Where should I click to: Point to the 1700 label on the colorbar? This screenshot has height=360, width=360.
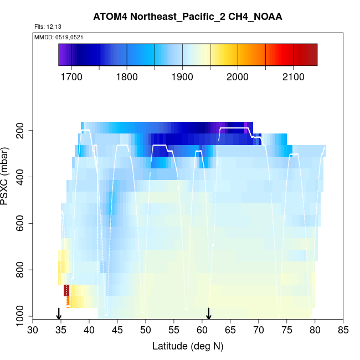71,76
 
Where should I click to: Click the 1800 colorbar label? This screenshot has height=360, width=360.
127,76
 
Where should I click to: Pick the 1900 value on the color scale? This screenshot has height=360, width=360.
182,76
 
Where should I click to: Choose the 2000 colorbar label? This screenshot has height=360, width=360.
238,76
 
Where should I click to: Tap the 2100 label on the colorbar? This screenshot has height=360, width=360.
293,76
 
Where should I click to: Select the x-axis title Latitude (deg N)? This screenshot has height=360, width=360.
188,346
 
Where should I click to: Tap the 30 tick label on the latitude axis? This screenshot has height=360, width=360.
33,330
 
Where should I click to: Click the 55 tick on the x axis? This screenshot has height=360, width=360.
174,330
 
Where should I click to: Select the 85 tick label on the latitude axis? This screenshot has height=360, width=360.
343,330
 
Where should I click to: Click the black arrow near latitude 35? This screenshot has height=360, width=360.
59,314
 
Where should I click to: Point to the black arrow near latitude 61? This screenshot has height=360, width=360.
209,314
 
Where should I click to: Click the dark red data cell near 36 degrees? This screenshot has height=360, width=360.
66,291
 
